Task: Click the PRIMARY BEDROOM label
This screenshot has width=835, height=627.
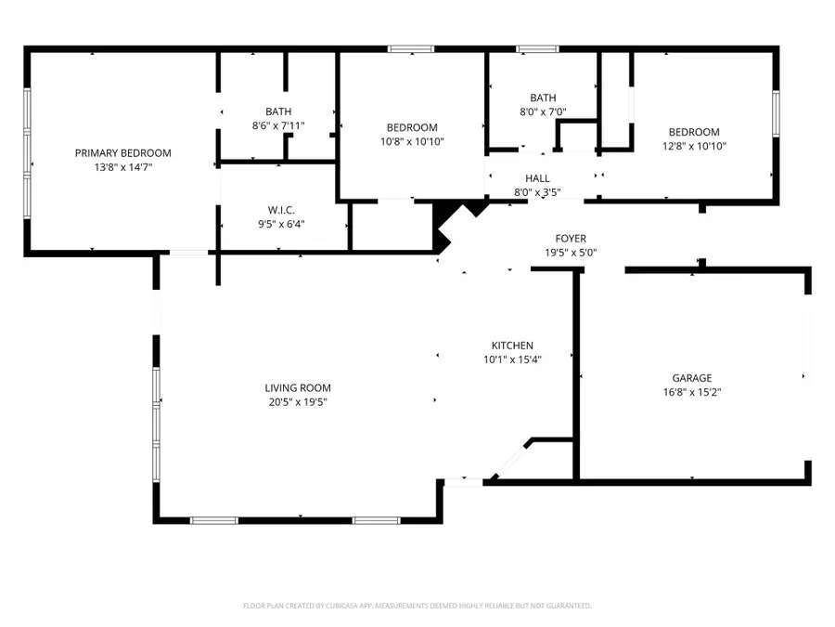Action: [x=123, y=153]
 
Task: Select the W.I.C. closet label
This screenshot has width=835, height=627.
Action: [x=280, y=210]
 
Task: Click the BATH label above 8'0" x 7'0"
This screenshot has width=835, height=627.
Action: [x=543, y=98]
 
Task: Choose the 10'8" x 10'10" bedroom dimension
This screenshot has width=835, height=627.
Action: [x=412, y=141]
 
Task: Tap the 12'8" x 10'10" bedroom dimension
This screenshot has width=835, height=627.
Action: [x=691, y=146]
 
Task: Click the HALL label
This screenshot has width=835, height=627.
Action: [x=537, y=178]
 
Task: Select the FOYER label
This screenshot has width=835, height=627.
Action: [x=571, y=239]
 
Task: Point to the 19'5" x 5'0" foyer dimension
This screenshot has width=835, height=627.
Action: [x=571, y=253]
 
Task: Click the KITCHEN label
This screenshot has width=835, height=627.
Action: [x=512, y=346]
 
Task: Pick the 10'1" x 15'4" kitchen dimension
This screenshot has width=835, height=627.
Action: [x=512, y=359]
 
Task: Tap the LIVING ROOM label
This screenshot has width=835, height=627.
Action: [x=297, y=388]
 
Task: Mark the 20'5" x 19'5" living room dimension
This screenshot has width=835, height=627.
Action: [x=297, y=402]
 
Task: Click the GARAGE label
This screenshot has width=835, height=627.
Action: [x=692, y=378]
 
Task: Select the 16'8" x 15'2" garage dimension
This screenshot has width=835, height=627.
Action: [x=692, y=392]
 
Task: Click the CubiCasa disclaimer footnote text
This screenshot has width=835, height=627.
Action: [x=417, y=606]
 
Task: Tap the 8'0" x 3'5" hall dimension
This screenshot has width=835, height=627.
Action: [x=537, y=192]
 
